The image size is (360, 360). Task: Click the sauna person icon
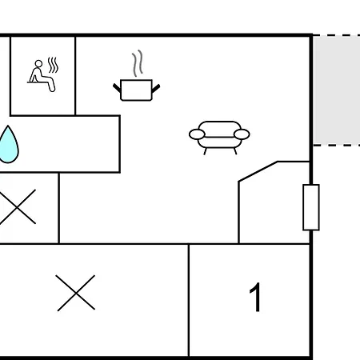42,74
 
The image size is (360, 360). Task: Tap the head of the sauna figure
38,64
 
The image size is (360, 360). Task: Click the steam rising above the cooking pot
137,63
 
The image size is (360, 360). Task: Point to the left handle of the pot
117,88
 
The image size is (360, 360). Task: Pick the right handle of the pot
156,88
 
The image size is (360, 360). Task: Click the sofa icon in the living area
219,138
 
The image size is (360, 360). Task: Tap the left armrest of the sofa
197,134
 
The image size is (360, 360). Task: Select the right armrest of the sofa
242,134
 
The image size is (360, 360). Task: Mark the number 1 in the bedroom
255,297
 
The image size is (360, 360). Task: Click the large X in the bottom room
76,293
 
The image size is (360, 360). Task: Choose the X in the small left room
18,206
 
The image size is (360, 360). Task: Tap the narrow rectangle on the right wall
311,207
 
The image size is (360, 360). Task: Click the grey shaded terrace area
337,90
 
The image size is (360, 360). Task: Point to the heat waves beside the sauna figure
53,65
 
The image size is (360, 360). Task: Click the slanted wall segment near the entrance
258,171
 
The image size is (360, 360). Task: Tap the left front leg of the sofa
205,151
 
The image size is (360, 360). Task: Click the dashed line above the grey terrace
337,35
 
